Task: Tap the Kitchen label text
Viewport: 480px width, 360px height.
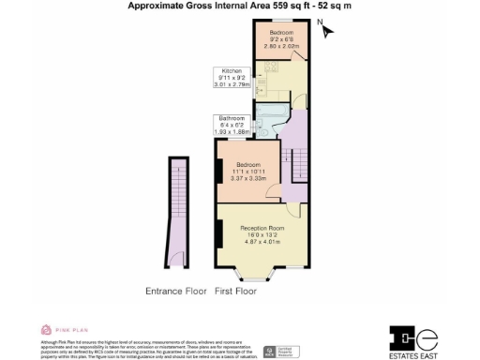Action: [232, 71]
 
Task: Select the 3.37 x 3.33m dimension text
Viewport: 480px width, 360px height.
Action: [248, 178]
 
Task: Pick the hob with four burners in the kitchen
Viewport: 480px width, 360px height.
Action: [268, 67]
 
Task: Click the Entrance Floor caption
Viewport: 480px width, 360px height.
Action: [175, 292]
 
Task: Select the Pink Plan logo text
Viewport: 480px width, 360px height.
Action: [63, 328]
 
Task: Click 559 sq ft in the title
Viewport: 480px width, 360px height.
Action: [270, 6]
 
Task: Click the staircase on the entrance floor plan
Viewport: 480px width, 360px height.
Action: [175, 202]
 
